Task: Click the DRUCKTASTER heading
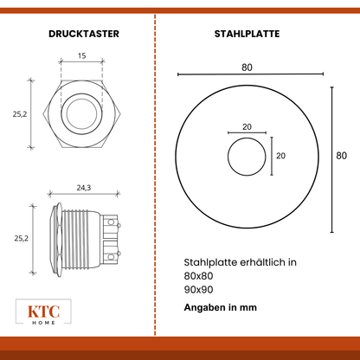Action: [x=84, y=34]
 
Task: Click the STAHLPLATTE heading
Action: [x=247, y=34]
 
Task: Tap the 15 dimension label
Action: [x=82, y=55]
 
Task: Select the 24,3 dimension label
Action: [x=84, y=188]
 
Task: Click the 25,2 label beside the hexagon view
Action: [x=20, y=114]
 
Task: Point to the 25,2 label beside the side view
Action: [x=22, y=239]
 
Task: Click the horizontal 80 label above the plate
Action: [x=247, y=67]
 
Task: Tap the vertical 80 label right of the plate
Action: [x=342, y=156]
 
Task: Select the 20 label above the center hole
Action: [x=247, y=127]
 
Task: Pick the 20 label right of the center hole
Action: [x=280, y=156]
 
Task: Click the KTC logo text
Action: [x=43, y=312]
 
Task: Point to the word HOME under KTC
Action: [x=43, y=323]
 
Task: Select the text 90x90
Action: [x=198, y=290]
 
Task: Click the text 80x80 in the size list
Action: [x=198, y=276]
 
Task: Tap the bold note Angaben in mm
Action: [x=221, y=307]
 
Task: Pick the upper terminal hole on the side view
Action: [x=111, y=222]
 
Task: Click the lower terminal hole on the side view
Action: [x=111, y=257]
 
